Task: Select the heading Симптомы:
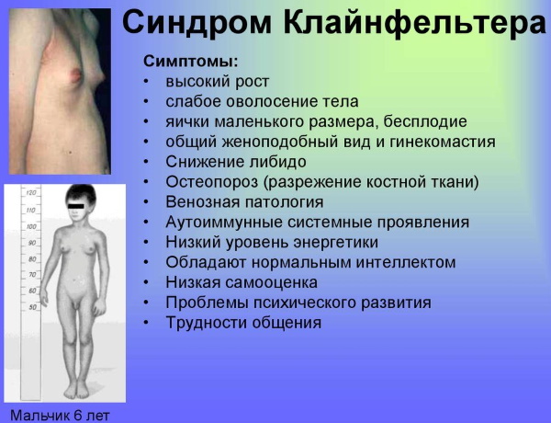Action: (191, 62)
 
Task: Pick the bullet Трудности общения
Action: (243, 323)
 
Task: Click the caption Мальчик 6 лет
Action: (54, 415)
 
